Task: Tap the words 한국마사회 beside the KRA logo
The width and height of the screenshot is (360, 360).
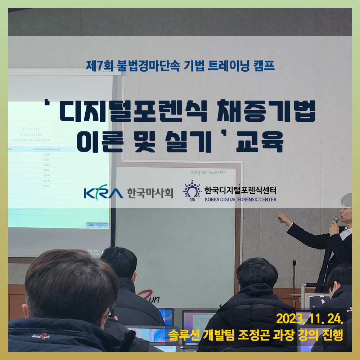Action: [x=150, y=193]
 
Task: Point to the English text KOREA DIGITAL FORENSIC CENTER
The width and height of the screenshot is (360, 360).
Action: [x=240, y=199]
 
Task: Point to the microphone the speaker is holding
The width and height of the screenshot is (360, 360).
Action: [x=336, y=219]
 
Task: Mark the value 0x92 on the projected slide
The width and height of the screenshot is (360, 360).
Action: [x=46, y=186]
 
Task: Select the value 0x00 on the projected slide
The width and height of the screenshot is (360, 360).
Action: [x=46, y=154]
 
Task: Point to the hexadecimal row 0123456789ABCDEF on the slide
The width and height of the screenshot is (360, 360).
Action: [x=31, y=140]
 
